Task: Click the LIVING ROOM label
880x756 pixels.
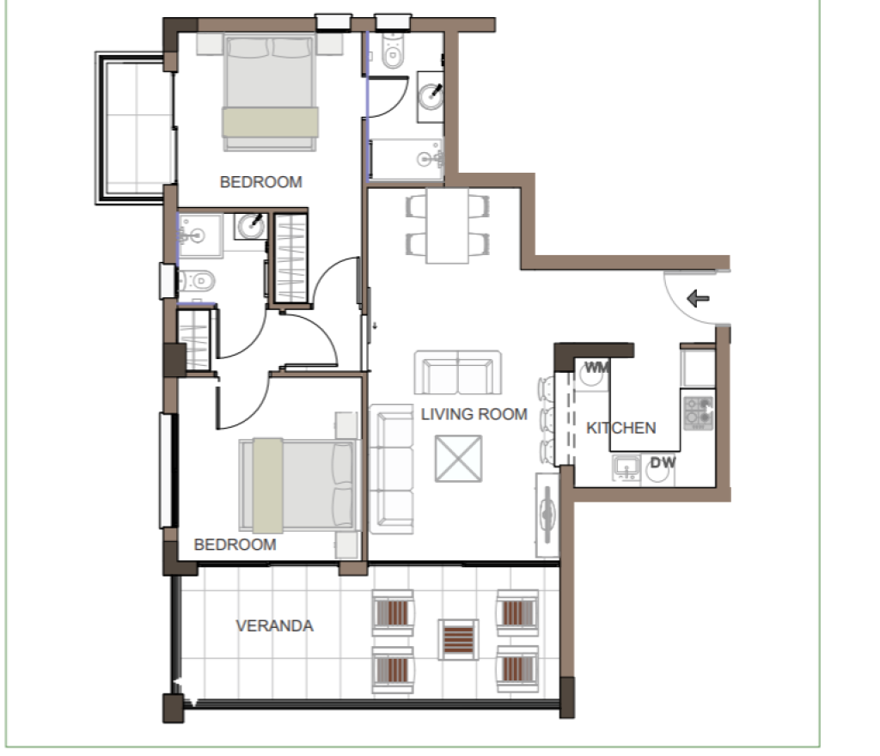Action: click(474, 414)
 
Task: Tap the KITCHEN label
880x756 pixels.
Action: click(620, 428)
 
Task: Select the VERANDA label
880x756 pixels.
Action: click(274, 625)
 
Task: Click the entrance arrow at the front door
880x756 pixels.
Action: click(698, 298)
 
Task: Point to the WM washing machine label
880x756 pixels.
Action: click(596, 368)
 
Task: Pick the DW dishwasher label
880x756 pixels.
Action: click(663, 463)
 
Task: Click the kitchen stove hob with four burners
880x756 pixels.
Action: click(699, 412)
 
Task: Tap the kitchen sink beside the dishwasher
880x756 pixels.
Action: click(626, 467)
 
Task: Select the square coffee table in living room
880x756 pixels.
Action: click(459, 458)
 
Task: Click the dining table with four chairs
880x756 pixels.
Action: click(447, 225)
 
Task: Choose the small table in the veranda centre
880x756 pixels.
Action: click(459, 639)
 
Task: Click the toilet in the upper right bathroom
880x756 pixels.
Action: click(392, 51)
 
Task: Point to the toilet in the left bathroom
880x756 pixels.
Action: click(197, 280)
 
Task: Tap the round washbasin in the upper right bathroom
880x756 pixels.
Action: click(431, 95)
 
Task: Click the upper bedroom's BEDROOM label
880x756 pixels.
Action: click(261, 182)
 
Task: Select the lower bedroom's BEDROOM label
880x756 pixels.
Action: click(235, 544)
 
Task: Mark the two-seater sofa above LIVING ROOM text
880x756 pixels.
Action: click(458, 372)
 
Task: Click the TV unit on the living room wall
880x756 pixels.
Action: click(547, 515)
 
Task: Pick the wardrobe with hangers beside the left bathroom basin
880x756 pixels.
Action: click(291, 259)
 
